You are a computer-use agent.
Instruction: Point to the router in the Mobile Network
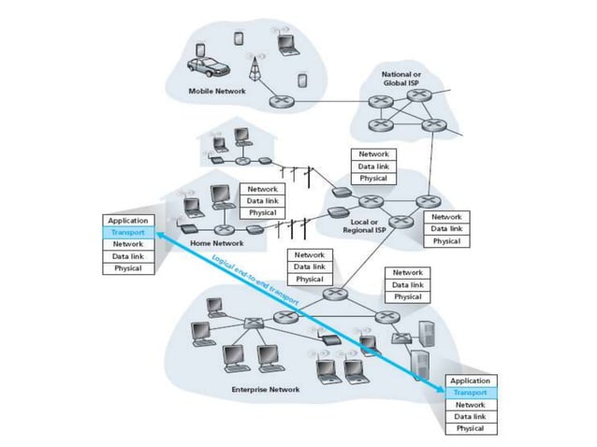pos(279,102)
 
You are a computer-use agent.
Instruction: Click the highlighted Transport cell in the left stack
pos(127,232)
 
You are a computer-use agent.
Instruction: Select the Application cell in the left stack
pos(127,220)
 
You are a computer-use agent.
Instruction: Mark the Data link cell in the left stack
pos(127,256)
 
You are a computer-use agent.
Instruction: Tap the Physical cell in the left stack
pos(127,268)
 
